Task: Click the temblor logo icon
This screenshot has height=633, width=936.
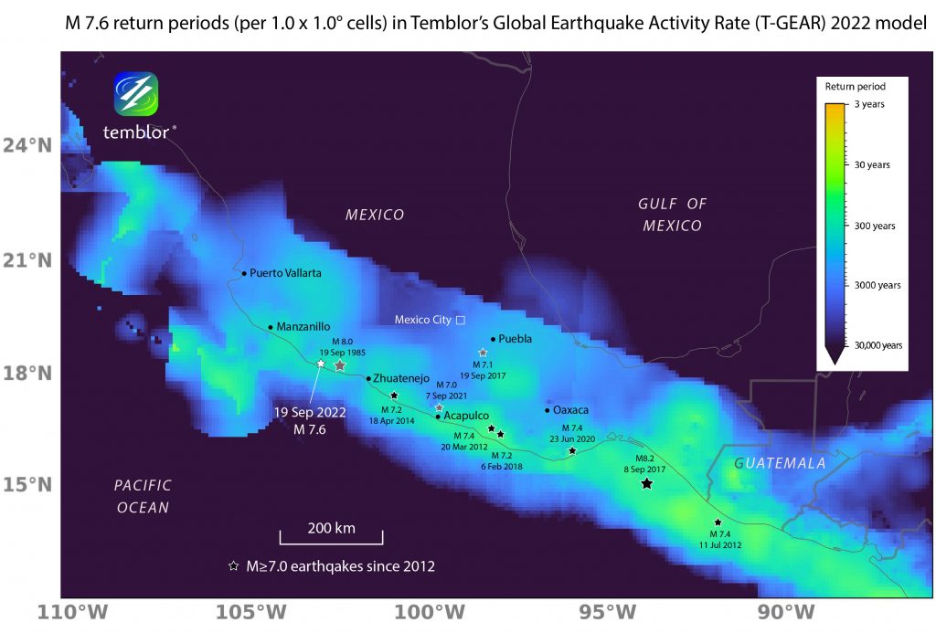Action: pyautogui.click(x=136, y=94)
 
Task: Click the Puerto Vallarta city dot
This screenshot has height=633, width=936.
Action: pyautogui.click(x=244, y=273)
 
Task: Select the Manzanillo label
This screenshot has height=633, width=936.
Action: pyautogui.click(x=303, y=326)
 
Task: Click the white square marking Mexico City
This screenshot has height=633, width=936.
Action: pyautogui.click(x=461, y=320)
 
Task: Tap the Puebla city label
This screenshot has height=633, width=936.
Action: pyautogui.click(x=516, y=339)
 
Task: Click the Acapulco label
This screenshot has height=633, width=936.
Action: pyautogui.click(x=466, y=416)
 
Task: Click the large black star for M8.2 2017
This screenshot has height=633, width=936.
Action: pyautogui.click(x=646, y=483)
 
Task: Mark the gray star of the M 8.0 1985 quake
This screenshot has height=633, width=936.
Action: pyautogui.click(x=340, y=365)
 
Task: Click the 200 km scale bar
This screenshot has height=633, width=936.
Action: pyautogui.click(x=331, y=536)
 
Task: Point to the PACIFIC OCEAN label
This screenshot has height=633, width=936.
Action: pyautogui.click(x=143, y=496)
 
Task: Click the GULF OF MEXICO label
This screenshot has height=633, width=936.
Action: pyautogui.click(x=672, y=215)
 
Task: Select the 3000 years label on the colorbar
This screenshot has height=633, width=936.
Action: pyautogui.click(x=876, y=285)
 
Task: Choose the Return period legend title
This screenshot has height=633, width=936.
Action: pyautogui.click(x=855, y=87)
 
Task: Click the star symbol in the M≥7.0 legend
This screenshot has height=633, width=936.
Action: pyautogui.click(x=233, y=566)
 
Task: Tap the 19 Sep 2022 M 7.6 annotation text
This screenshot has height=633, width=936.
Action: pyautogui.click(x=310, y=420)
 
